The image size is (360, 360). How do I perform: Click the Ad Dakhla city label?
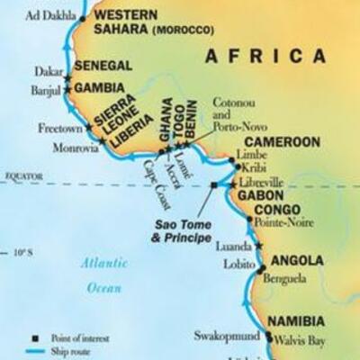[x=49, y=16]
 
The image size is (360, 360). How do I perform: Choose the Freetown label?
[x=59, y=129]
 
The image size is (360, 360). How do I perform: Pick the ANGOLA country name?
[x=297, y=260]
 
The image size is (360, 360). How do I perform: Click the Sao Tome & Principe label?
[x=181, y=231]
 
